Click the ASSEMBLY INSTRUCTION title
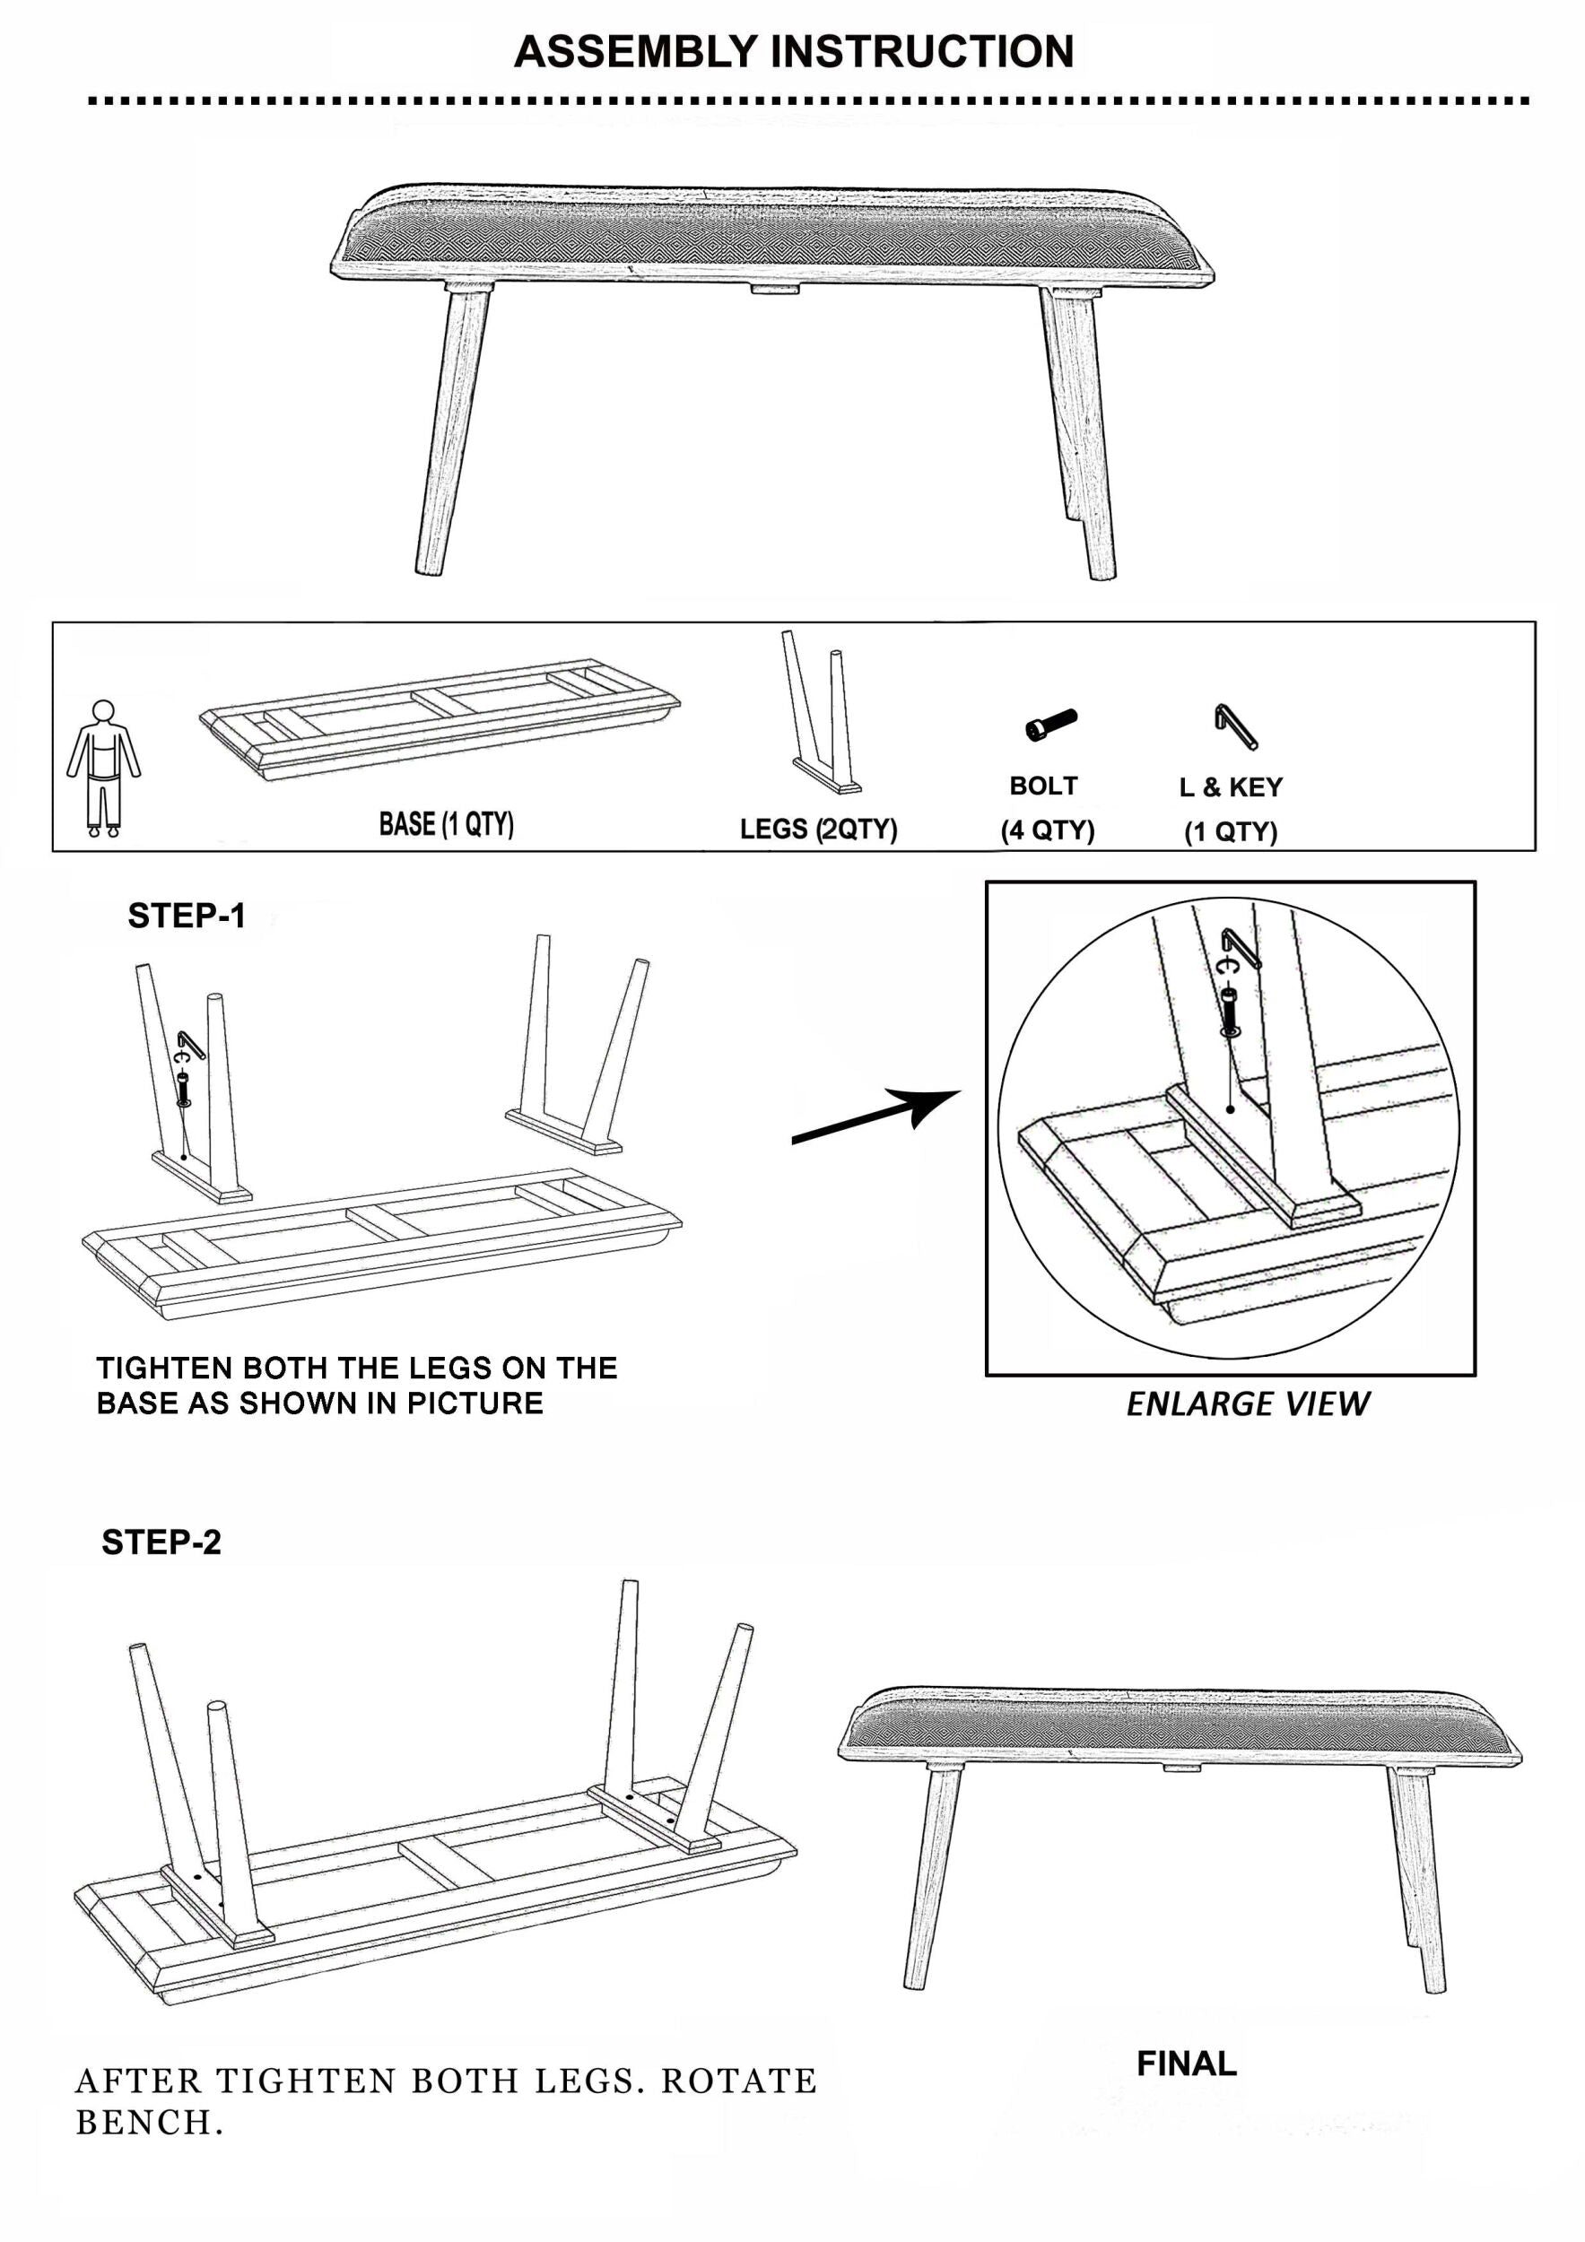(793, 52)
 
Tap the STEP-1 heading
(187, 916)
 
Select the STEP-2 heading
(161, 1542)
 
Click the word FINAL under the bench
(1187, 2064)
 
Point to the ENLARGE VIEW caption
(1247, 1403)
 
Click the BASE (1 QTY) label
(447, 824)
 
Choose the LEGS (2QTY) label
(818, 829)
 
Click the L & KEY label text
(1231, 786)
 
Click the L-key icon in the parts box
(1236, 726)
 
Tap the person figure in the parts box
(103, 769)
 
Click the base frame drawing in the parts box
(440, 718)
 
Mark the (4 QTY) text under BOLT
(1047, 830)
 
